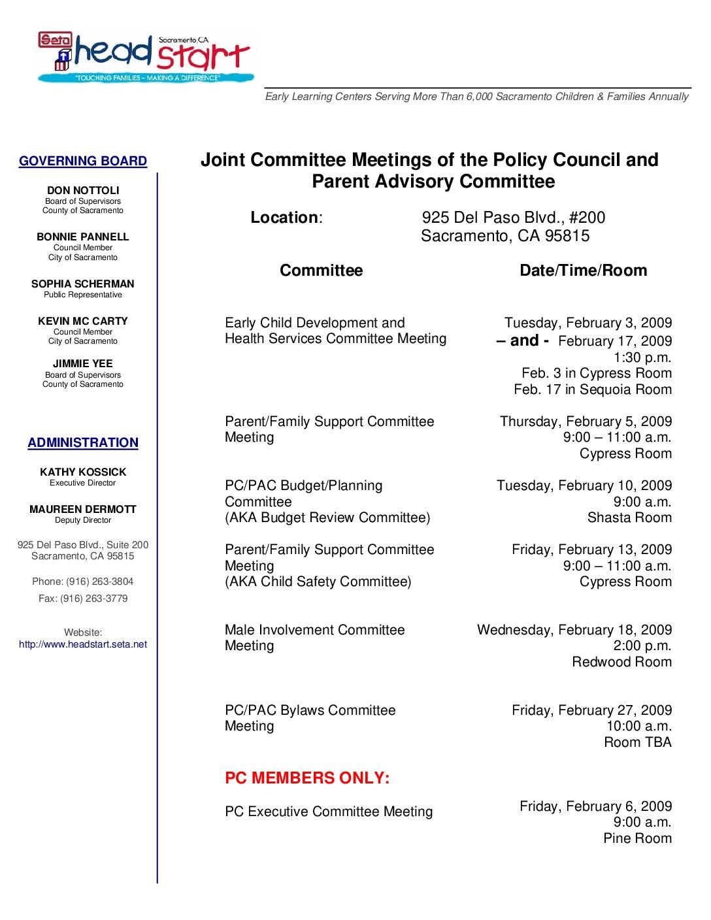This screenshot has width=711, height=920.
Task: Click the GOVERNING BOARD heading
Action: [x=83, y=161]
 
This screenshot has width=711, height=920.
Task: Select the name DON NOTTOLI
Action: [x=83, y=191]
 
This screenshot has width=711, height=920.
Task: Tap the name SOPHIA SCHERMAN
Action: [x=83, y=284]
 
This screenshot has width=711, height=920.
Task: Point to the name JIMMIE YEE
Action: [x=83, y=364]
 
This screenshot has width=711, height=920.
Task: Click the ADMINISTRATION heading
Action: [x=83, y=443]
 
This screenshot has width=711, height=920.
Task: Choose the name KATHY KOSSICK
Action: [x=83, y=472]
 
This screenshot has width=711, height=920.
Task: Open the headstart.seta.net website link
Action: [x=83, y=644]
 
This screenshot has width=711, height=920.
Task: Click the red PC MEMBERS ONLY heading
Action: [x=307, y=778]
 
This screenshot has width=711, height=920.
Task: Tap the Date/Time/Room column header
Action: [x=583, y=271]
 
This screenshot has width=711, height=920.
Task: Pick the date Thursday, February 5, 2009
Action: [x=586, y=421]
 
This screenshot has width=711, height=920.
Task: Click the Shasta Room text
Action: [x=629, y=517]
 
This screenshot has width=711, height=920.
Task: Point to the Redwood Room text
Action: [x=621, y=662]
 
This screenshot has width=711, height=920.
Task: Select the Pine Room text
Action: [x=637, y=838]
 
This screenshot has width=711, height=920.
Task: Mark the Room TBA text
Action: [x=637, y=742]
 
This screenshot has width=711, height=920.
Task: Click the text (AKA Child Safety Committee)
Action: [x=318, y=582]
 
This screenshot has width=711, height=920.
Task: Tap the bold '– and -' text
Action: [x=522, y=340]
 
